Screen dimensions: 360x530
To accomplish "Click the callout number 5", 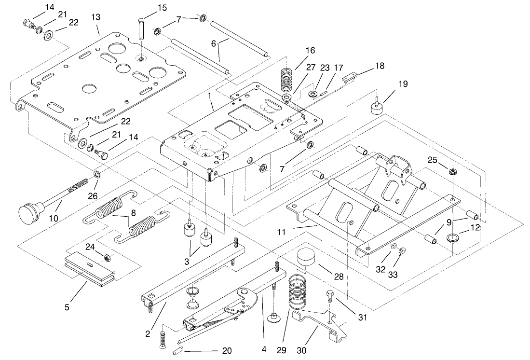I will (67, 306).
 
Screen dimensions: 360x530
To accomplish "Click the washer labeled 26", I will (97, 174).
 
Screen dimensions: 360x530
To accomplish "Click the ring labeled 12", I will (453, 238).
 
